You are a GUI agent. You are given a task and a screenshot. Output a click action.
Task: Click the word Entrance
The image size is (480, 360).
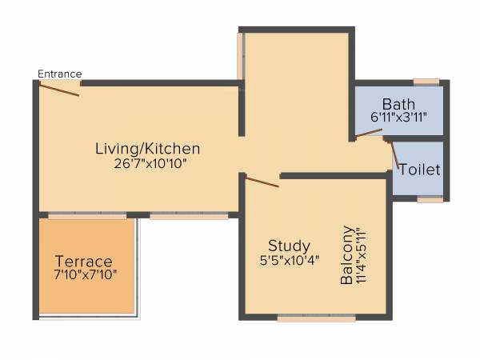coord(59,74)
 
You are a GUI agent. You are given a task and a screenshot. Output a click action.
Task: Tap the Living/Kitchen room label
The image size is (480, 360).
coord(147,149)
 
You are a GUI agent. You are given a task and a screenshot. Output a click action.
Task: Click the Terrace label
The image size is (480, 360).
coord(83,262)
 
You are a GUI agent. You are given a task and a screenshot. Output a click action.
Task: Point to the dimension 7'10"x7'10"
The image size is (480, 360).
coord(86,276)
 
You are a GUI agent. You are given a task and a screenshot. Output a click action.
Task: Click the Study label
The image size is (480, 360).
coord(290,246)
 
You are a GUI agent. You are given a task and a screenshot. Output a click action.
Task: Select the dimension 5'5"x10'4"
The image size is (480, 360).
coord(290,260)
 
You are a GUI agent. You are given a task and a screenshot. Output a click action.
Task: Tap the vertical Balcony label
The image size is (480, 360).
coord(347,256)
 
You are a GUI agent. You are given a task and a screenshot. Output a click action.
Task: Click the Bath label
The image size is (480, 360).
coord(398,104)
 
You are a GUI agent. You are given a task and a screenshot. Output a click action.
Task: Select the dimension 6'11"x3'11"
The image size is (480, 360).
coord(398,118)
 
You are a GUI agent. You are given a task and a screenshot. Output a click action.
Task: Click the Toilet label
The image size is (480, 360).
coord(419,170)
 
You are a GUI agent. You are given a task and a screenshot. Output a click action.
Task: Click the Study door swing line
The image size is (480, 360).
coord(262,182)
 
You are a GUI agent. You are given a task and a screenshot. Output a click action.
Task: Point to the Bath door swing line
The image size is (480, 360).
coord(369,133)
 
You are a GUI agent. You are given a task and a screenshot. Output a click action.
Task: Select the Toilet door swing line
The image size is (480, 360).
coord(393,156)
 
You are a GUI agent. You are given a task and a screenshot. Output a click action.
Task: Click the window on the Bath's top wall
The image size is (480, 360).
coord(426,81)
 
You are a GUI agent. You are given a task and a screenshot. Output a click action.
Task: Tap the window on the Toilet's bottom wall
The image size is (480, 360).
coord(430,199)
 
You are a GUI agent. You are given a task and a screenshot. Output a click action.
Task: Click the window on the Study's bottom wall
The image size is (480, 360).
coord(316,318)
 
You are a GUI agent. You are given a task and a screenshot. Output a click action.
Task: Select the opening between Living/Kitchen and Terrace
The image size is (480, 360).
coord(86,215)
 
